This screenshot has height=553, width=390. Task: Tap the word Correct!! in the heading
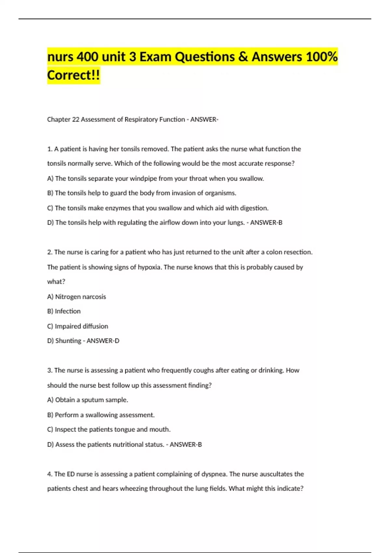point(73,75)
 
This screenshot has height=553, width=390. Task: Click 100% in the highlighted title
point(322,57)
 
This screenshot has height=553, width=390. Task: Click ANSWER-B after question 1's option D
point(266,223)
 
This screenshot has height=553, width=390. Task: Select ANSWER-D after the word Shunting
point(103,341)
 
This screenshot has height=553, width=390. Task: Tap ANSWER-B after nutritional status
point(186,445)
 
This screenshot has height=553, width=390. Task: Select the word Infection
point(68,311)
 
